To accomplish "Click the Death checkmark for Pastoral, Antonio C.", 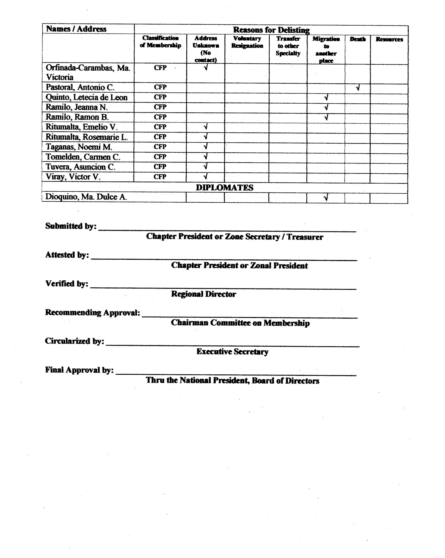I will [x=357, y=88].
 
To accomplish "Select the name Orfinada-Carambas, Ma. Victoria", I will [x=88, y=72].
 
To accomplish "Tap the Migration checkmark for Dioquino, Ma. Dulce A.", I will [x=326, y=198].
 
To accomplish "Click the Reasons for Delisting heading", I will [x=271, y=30].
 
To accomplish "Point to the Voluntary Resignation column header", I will [x=247, y=42].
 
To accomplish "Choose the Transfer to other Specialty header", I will [x=288, y=46].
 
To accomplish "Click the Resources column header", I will [x=389, y=39].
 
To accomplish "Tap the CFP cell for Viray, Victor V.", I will [x=160, y=177].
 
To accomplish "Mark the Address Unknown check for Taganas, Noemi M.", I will [x=206, y=147].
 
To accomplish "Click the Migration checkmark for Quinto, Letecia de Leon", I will [x=326, y=98].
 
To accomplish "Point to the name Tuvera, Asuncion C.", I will [x=80, y=167].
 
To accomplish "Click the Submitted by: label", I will [x=71, y=226].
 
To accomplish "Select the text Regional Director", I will [x=203, y=294].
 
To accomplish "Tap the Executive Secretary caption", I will [x=232, y=352].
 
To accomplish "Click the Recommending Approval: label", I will [x=92, y=312].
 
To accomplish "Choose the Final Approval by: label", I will [x=79, y=370].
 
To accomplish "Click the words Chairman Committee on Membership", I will [x=240, y=323].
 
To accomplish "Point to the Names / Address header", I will [x=76, y=29].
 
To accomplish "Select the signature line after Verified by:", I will [x=223, y=288].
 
